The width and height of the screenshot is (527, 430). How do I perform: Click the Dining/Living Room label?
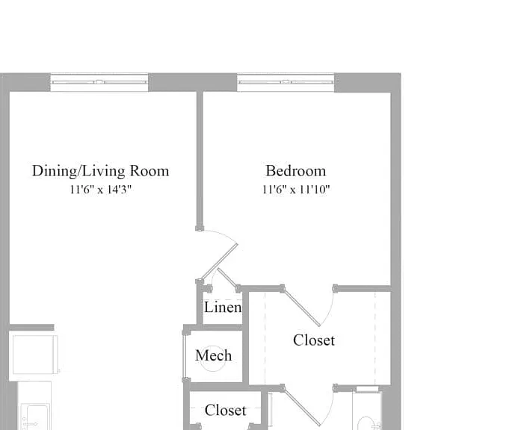click(100, 171)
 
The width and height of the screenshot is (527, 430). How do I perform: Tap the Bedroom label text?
click(296, 171)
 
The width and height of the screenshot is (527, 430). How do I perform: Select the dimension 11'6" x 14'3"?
click(100, 190)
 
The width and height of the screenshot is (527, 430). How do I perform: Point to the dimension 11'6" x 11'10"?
click(296, 190)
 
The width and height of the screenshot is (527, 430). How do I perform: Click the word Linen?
click(223, 307)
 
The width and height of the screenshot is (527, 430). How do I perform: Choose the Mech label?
click(214, 355)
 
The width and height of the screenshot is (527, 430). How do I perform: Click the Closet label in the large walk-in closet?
click(314, 340)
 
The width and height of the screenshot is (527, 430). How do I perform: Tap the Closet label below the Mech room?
click(226, 410)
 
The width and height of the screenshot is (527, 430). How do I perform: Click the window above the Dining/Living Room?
click(99, 82)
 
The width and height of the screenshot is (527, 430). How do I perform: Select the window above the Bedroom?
click(286, 82)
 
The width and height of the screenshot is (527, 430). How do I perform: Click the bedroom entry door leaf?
click(219, 262)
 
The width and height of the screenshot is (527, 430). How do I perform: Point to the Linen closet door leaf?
click(228, 278)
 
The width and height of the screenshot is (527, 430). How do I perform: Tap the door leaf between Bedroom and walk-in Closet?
click(301, 307)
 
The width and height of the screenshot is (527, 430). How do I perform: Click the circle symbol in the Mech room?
click(213, 346)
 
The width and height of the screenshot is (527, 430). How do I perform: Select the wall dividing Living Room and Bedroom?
click(200, 160)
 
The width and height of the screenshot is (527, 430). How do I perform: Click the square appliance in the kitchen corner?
click(34, 355)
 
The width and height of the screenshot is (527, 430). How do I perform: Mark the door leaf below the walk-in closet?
click(301, 407)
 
